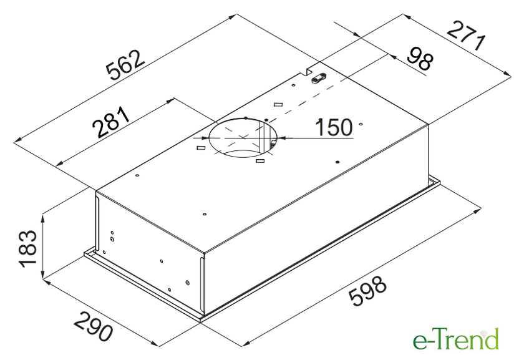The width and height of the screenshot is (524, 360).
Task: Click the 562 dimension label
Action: click(125, 66)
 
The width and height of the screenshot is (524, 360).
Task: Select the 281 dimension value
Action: click(111, 122)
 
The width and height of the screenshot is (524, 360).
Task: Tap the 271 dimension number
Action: click(465, 36)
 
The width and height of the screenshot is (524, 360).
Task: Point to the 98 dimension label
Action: click(420, 59)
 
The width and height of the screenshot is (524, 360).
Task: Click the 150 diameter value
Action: click(334, 127)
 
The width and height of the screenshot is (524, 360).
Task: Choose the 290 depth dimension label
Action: click(93, 326)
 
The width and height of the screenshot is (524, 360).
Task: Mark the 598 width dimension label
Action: click(367, 291)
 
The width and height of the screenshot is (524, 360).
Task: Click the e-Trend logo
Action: click(456, 339)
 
